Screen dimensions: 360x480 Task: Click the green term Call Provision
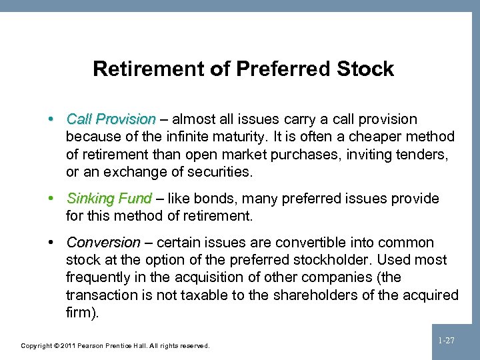click(111, 119)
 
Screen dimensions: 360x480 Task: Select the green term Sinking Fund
click(109, 199)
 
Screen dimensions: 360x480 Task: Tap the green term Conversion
click(103, 243)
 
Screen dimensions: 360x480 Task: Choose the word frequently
click(99, 277)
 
